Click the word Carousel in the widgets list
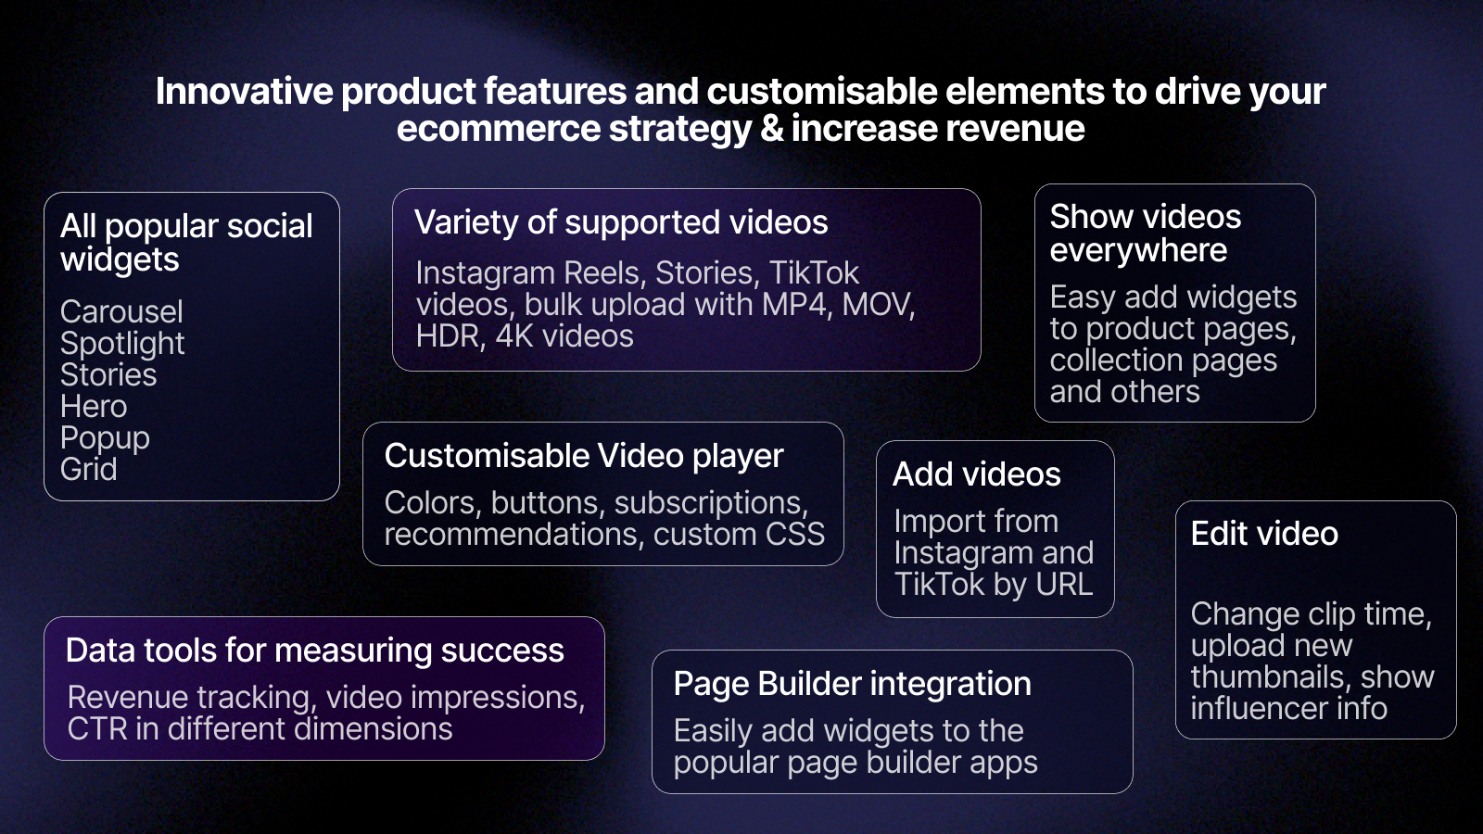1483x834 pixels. [121, 311]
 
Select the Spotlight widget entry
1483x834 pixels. [122, 344]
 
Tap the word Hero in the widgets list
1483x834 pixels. [94, 406]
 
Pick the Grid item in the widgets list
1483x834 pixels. [89, 469]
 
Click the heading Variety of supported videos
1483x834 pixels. [621, 222]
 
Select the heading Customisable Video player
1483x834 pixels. [584, 457]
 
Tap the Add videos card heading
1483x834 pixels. [977, 474]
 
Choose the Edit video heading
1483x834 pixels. [1264, 534]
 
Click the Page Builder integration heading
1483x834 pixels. [853, 685]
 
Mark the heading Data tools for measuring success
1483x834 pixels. [315, 651]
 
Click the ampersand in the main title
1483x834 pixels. [771, 129]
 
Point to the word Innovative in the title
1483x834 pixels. [245, 92]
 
